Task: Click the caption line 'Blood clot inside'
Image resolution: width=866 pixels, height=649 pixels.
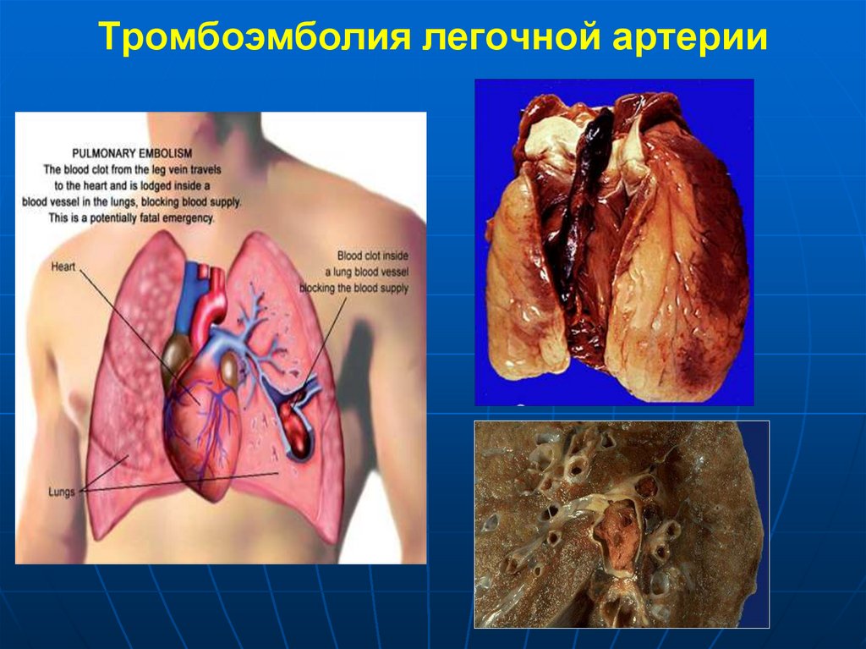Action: click(x=372, y=255)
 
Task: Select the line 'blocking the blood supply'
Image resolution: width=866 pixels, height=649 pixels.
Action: click(x=364, y=288)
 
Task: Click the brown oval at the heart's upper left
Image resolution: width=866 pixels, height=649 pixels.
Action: click(x=175, y=353)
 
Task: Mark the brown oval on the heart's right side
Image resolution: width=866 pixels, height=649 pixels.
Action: click(x=229, y=368)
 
